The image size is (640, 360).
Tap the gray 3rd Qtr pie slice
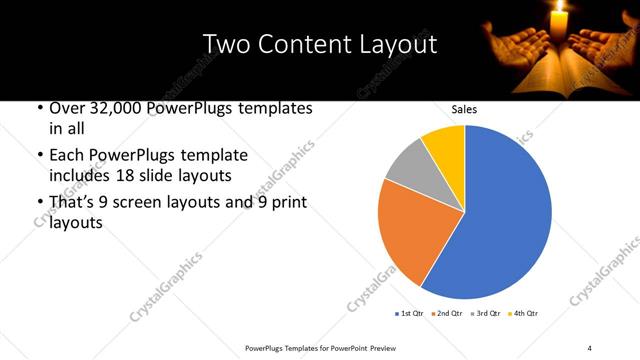pyautogui.click(x=406, y=165)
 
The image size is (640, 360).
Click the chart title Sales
pyautogui.click(x=464, y=111)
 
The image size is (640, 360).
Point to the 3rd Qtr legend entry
pyautogui.click(x=486, y=314)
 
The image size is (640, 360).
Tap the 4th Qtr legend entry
pyautogui.click(x=523, y=314)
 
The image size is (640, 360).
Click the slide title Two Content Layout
pyautogui.click(x=319, y=44)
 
